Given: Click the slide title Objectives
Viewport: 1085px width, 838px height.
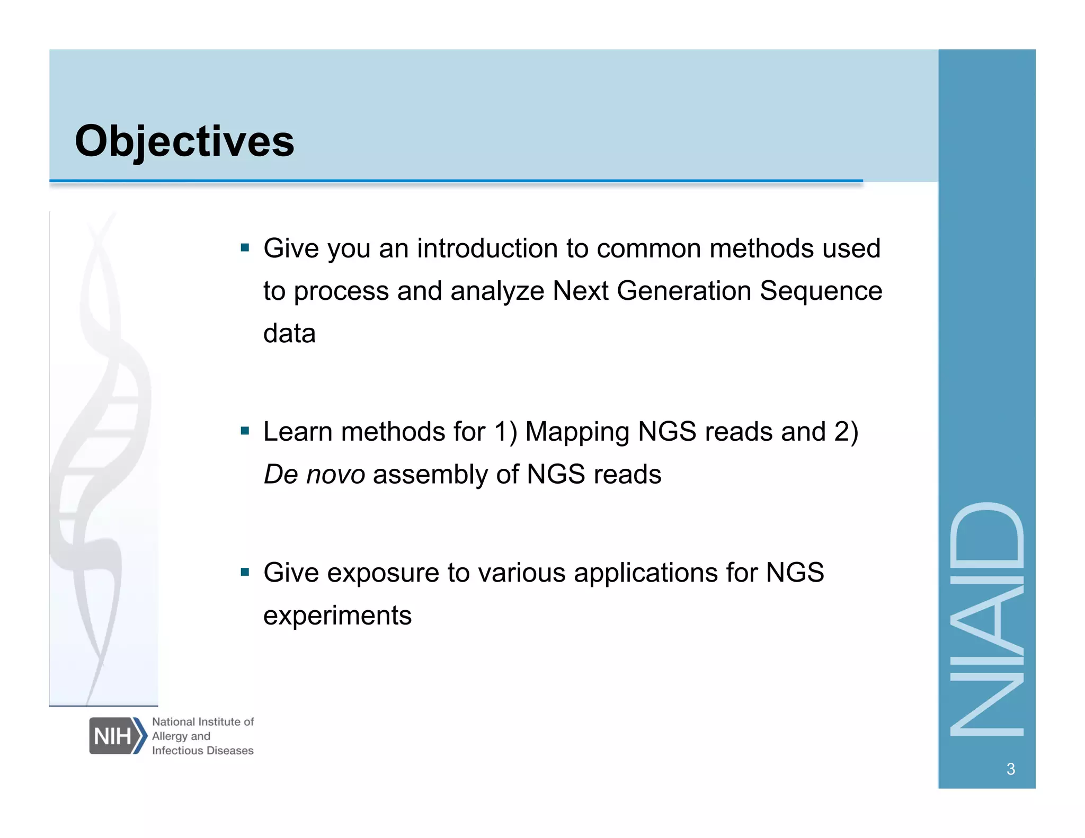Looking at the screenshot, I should (x=184, y=141).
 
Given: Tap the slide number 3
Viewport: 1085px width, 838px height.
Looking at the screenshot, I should (x=1010, y=769).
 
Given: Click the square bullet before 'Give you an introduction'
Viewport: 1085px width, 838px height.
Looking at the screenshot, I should (x=245, y=247).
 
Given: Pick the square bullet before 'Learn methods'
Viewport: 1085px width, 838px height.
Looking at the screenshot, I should (x=245, y=431).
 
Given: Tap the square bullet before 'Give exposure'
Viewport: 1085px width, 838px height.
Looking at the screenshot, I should (x=245, y=572).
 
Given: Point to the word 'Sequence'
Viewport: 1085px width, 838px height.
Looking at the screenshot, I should (x=821, y=291).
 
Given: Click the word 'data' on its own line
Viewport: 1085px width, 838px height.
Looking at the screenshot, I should (x=289, y=334).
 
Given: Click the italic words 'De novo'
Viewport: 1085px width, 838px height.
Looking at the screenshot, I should (x=314, y=474).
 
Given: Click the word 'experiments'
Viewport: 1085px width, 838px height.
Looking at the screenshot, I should (x=337, y=616).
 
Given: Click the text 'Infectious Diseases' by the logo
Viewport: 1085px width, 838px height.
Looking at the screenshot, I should (x=202, y=751).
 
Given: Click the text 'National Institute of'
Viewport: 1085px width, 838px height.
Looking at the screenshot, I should (x=203, y=721).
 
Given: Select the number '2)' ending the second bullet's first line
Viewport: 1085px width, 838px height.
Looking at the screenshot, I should (x=846, y=432).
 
